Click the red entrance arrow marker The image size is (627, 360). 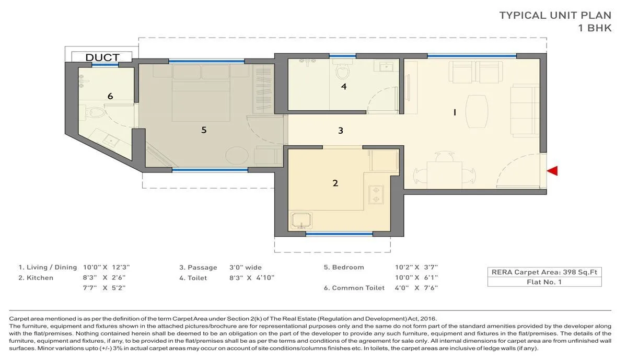click(x=553, y=170)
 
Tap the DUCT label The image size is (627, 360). click(x=102, y=57)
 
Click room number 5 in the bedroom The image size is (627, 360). click(x=204, y=130)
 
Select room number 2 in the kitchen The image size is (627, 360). click(x=335, y=183)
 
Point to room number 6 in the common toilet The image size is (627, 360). click(x=110, y=96)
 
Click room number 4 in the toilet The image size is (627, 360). click(x=344, y=86)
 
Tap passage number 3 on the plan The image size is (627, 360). click(x=341, y=130)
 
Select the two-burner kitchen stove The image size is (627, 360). click(x=376, y=194)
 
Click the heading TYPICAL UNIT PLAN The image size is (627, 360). click(x=555, y=15)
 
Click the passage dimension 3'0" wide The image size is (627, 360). click(x=246, y=268)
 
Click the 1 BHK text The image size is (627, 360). click(x=595, y=29)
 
